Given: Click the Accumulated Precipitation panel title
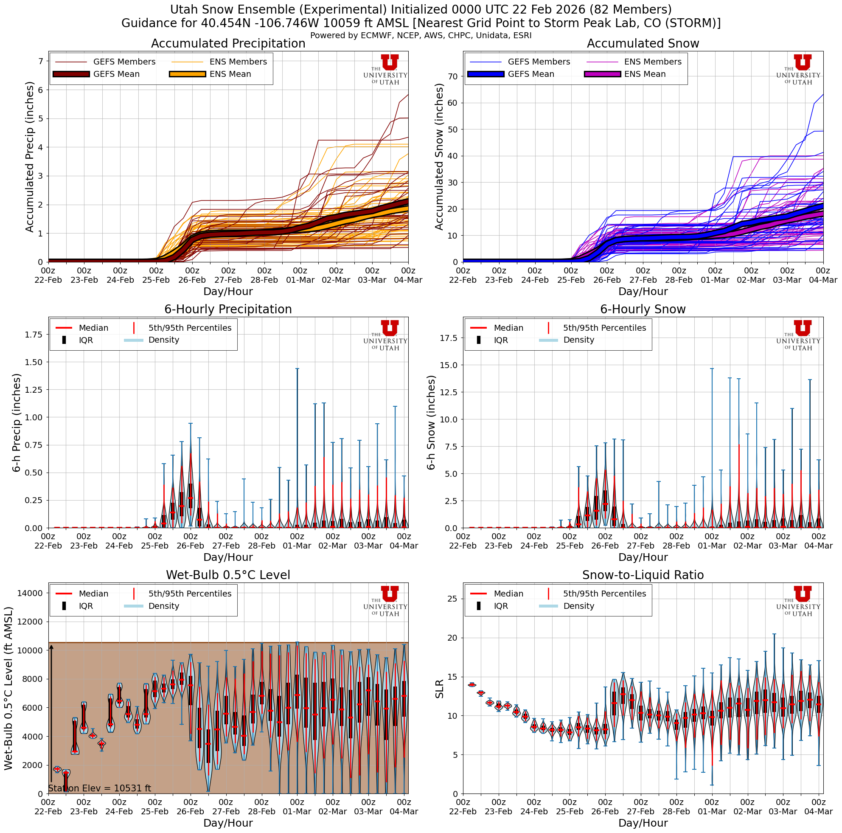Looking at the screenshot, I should click(228, 44).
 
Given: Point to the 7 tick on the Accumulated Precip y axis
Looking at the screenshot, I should click(41, 61).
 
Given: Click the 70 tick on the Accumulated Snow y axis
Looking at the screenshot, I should click(453, 77).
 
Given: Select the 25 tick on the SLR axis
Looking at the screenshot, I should click(453, 599).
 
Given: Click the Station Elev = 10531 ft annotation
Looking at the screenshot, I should click(99, 788).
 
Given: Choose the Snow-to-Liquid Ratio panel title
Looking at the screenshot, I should click(643, 575).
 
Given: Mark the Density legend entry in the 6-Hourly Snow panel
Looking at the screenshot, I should click(578, 340).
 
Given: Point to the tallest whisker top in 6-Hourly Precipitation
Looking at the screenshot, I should click(297, 369).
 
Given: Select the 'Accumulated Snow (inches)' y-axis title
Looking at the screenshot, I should click(439, 157).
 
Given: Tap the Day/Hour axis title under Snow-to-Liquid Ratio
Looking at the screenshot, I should click(643, 822).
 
